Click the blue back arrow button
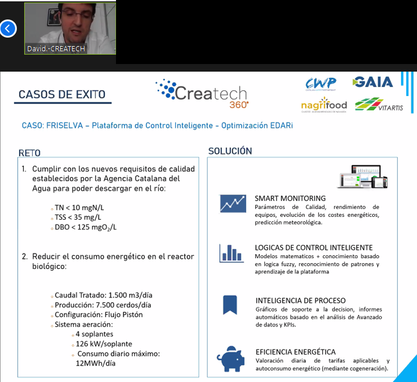pos(8,28)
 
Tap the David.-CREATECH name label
pos(56,49)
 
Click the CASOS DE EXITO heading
pos(62,94)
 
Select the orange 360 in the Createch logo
pos(239,105)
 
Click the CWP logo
pos(321,84)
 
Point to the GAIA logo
pos(373,82)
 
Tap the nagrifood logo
pos(324,104)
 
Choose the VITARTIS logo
pos(379,104)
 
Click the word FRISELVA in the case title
pos(64,126)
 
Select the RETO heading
pos(30,153)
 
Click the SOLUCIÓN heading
pos(230,151)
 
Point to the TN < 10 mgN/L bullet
pos(79,207)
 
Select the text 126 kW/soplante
pos(104,344)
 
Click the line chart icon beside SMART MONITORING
pos(233,204)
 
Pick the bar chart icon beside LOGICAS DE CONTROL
pos(232,253)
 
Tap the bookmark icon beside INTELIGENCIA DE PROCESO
pos(230,305)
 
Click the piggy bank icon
pos(231,359)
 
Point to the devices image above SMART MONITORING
pos(363,177)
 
